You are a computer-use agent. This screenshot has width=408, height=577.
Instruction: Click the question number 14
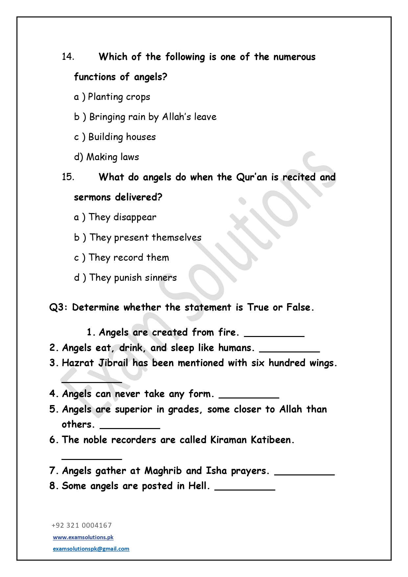(68, 57)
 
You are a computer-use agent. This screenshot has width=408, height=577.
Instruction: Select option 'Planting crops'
(119, 97)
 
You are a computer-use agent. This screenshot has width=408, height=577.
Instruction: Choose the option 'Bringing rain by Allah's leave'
(153, 117)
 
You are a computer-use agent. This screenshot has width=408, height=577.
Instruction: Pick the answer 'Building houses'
(122, 137)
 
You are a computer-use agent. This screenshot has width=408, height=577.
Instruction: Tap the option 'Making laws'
(112, 157)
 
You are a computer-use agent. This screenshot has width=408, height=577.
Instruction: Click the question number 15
(68, 177)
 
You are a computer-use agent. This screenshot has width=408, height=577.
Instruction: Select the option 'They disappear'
(122, 217)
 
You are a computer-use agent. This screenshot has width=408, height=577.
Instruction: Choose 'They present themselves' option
(145, 237)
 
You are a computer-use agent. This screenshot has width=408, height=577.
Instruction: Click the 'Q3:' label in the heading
(59, 307)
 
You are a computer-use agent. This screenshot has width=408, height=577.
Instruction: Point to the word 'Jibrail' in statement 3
(113, 363)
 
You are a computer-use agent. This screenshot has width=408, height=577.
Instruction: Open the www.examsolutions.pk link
(83, 537)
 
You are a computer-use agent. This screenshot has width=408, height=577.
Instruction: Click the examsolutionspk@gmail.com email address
(91, 549)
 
